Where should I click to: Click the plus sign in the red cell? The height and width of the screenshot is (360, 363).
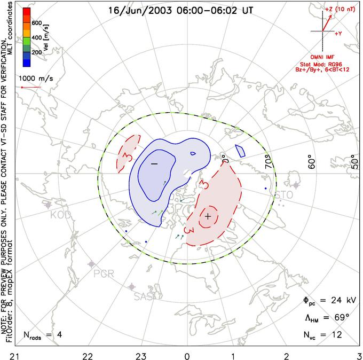tap(208, 216)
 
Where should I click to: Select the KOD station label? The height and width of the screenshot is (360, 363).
tap(60, 215)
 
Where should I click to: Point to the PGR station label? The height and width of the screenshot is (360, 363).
tap(104, 273)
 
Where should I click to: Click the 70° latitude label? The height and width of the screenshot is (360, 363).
tap(271, 162)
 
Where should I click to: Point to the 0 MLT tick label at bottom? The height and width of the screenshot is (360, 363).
tap(187, 355)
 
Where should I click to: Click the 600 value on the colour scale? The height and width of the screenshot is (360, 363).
tap(37, 23)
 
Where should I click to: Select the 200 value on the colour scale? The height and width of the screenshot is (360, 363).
tap(37, 53)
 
